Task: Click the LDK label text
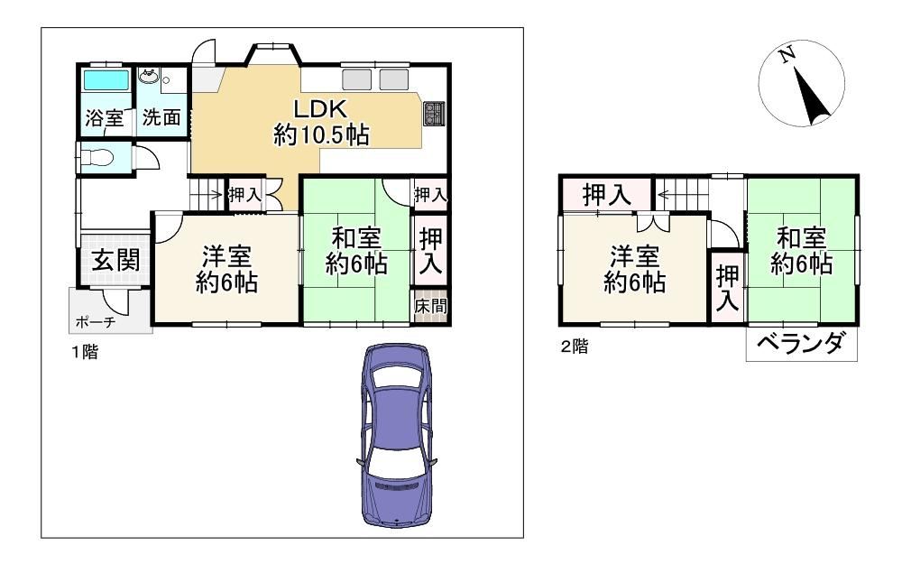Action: (x=320, y=108)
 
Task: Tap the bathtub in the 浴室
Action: (x=106, y=80)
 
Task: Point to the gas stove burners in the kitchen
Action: (x=434, y=113)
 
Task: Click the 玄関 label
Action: (x=116, y=260)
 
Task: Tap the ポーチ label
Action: (x=96, y=322)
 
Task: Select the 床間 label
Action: (x=430, y=306)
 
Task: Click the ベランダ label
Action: (x=800, y=344)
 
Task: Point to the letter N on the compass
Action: (x=787, y=55)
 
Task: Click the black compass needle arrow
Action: (x=811, y=97)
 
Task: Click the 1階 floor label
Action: (x=85, y=352)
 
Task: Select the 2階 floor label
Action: (x=574, y=347)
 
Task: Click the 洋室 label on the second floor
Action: (x=634, y=255)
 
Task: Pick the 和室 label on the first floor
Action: (x=356, y=237)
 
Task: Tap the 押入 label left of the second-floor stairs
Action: (x=607, y=195)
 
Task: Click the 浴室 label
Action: (x=104, y=118)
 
